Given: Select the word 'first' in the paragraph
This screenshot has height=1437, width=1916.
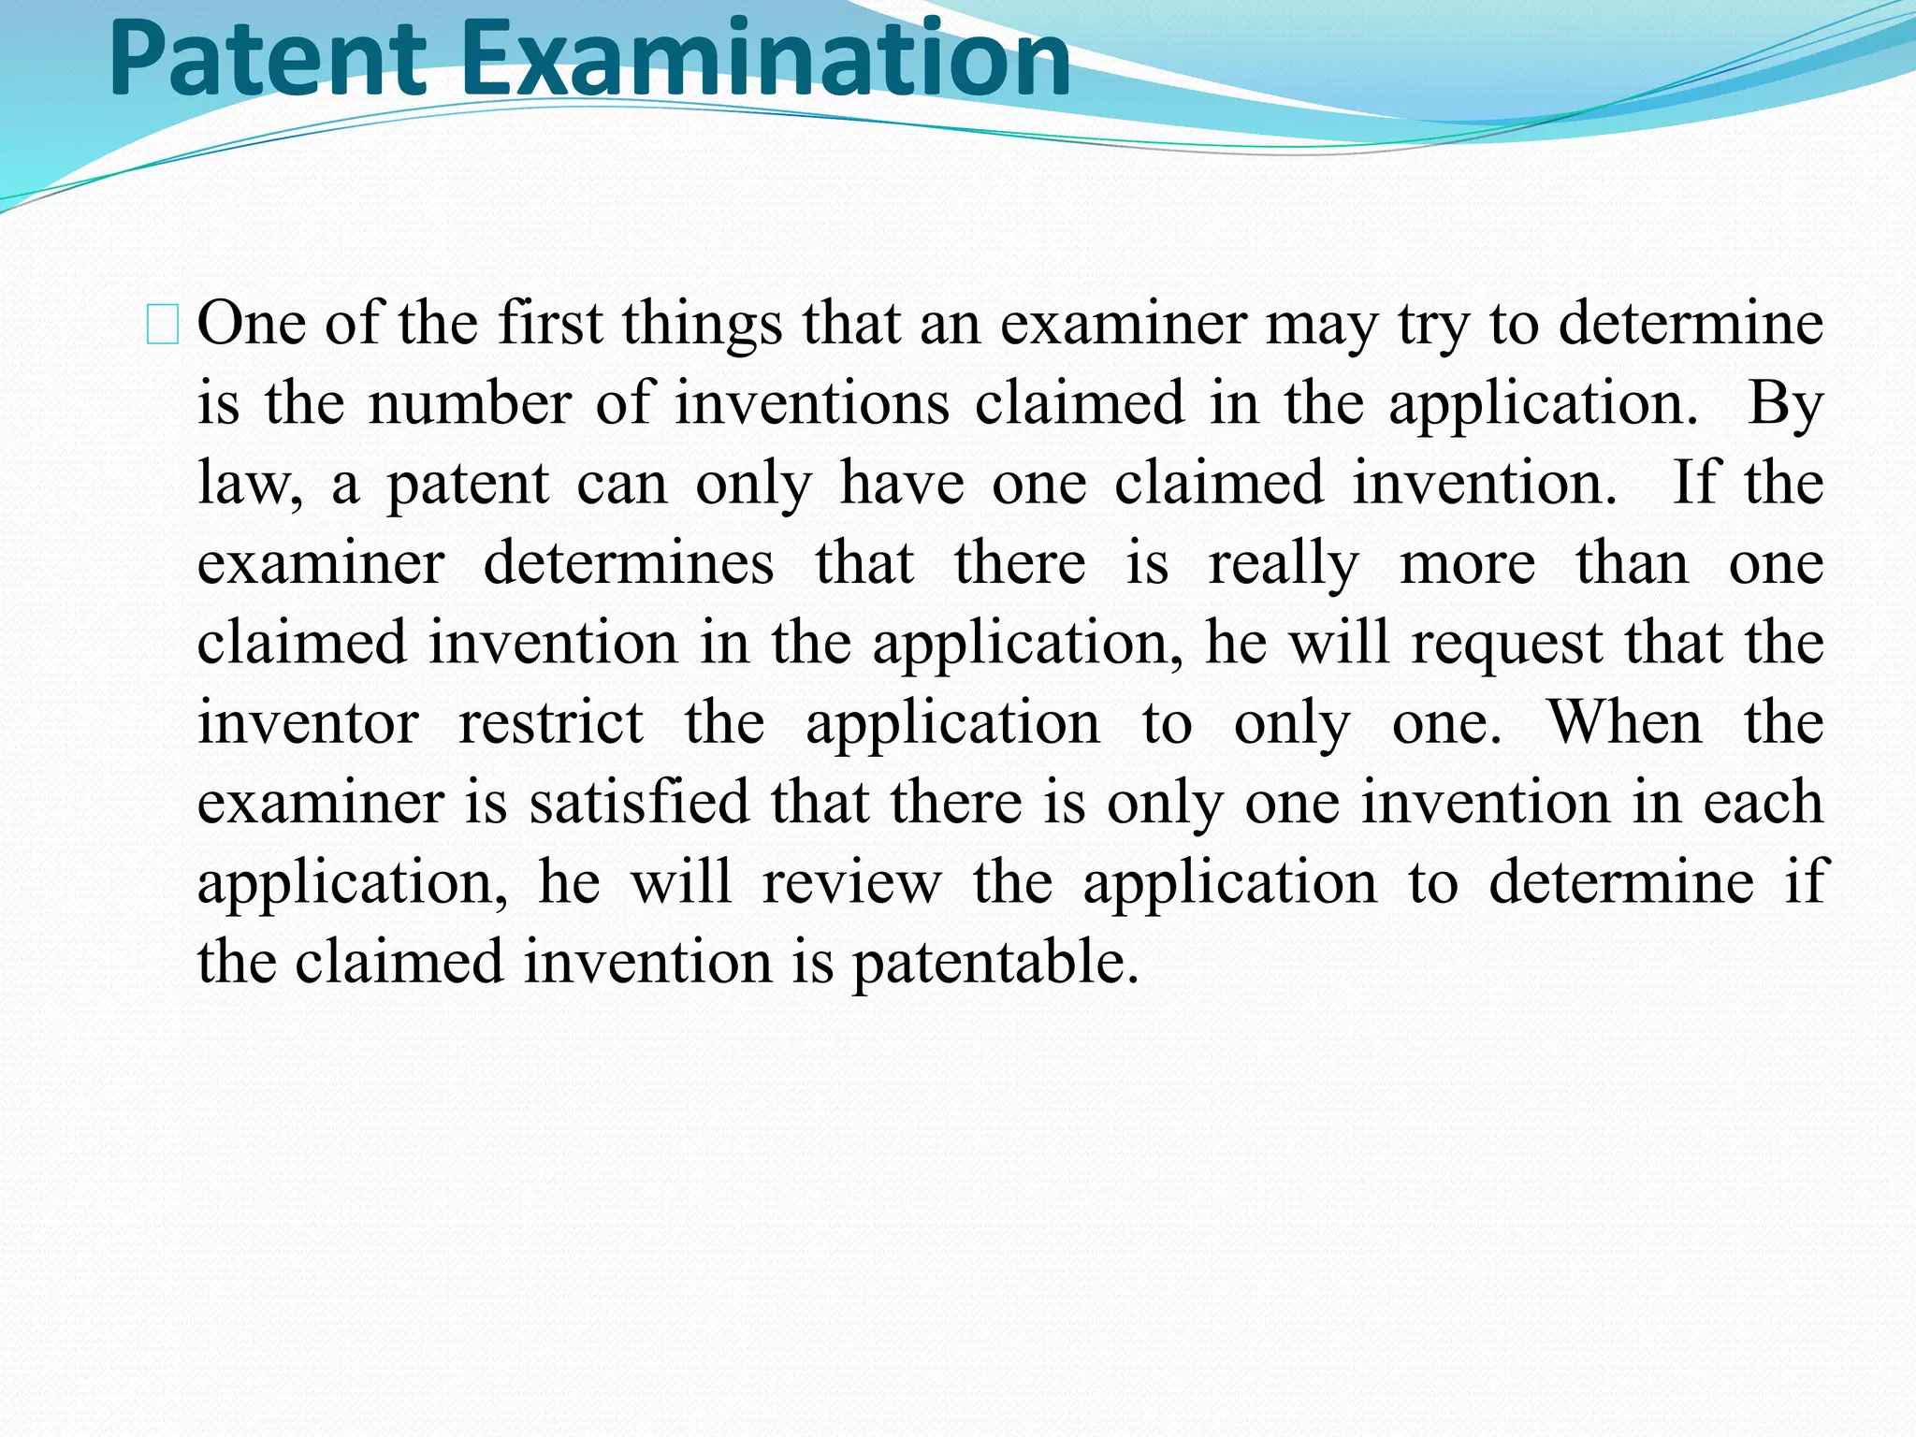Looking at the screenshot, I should [550, 324].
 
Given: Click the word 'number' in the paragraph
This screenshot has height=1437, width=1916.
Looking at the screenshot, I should [469, 404].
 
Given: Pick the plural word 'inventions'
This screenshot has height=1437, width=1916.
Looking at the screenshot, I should [812, 404].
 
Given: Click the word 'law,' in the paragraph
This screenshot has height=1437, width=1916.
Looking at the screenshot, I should [250, 485].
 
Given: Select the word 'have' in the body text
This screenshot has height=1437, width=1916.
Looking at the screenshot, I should [902, 484].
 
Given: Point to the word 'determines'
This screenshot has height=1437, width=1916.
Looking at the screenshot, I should [629, 563].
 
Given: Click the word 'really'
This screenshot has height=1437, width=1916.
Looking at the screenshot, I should [1284, 565].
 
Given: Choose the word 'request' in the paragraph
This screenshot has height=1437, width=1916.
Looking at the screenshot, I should [1506, 645].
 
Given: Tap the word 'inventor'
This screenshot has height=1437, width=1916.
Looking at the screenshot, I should [308, 723].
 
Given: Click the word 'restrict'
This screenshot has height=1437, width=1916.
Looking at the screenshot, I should [551, 723].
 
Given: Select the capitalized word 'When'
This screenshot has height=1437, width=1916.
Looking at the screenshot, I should [1625, 723].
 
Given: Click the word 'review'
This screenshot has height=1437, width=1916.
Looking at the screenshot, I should [851, 883].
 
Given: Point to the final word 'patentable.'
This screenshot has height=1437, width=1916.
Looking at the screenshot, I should [995, 963].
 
